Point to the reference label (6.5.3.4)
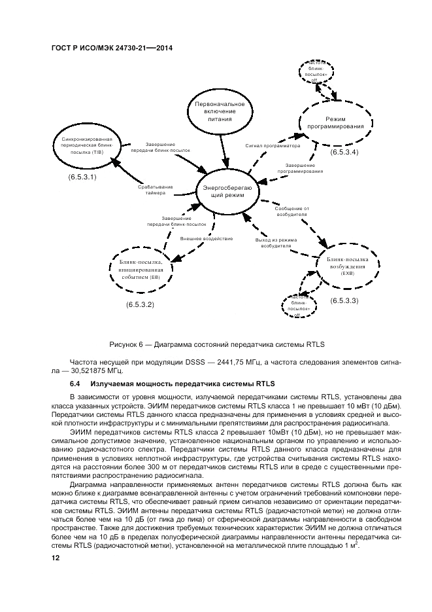point(344,153)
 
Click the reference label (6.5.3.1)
point(82,177)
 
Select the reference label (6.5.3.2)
point(140,304)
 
